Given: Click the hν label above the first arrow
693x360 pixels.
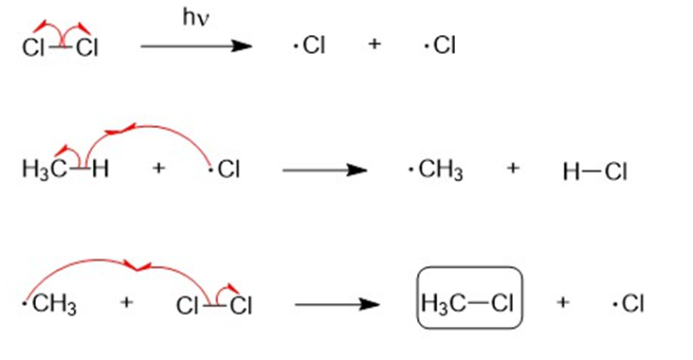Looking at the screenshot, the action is point(196,18).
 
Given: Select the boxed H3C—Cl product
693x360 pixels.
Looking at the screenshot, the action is point(470,297).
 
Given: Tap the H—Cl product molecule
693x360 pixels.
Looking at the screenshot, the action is point(595,171).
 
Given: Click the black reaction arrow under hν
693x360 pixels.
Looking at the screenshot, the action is point(196,45).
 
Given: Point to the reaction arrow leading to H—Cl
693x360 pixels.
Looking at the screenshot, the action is point(325,171).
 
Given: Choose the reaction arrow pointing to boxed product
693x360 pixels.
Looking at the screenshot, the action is point(337,304).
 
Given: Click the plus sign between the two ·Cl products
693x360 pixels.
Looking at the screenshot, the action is point(374,44).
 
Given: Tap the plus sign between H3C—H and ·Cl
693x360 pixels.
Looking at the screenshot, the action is point(158,168).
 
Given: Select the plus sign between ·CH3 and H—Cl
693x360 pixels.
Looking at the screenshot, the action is point(513,168).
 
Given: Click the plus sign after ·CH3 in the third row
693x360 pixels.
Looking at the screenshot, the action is point(126,302).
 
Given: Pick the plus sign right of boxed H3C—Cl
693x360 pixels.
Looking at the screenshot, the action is point(562,302).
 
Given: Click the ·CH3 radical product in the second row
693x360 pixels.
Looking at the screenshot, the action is point(436,171).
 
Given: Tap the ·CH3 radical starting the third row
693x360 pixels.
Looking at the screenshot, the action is point(49,304).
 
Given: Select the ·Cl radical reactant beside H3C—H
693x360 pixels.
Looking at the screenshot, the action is point(225,169).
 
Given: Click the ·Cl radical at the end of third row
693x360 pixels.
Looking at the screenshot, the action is point(628,303).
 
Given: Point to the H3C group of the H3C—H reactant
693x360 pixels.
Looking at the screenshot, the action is point(45,170).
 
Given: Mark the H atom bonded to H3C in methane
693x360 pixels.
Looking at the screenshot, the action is point(100,169).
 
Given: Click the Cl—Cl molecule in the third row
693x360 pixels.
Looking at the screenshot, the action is point(214,305).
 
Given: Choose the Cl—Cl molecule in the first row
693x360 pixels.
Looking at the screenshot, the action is point(60,46).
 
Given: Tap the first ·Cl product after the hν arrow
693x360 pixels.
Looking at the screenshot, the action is point(309,45).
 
